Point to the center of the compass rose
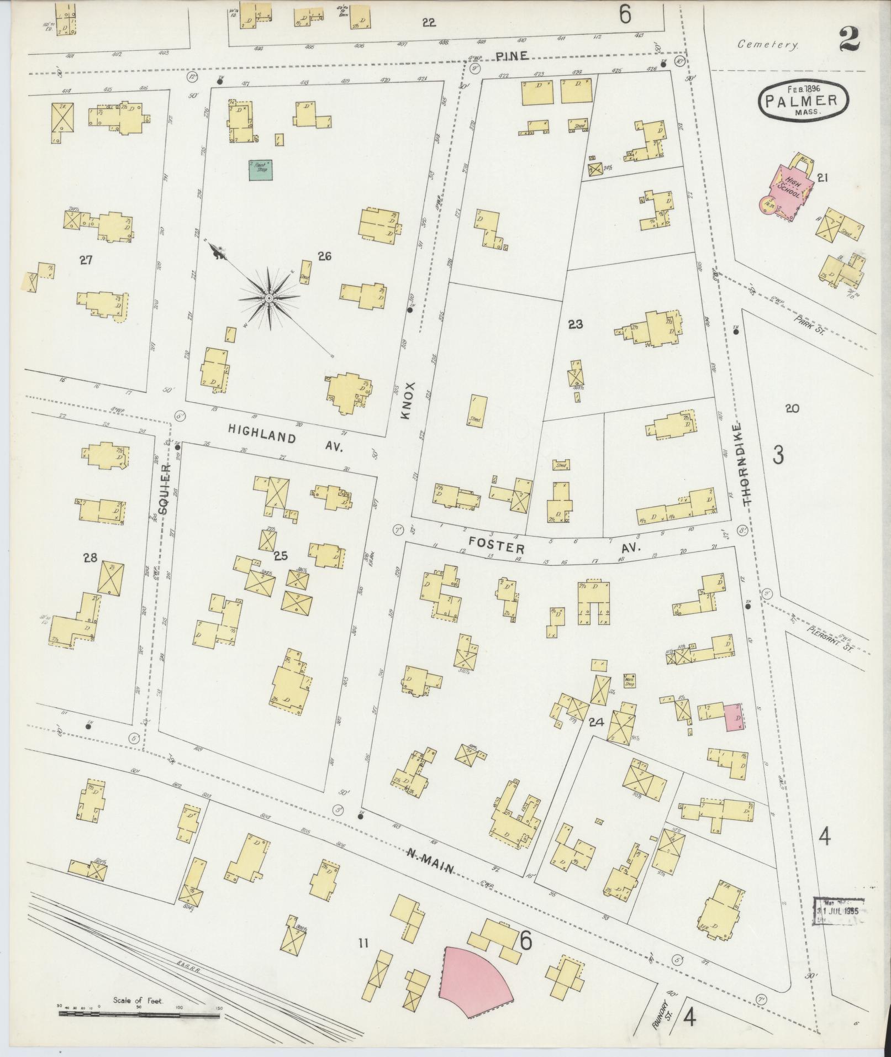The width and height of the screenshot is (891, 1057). point(268,298)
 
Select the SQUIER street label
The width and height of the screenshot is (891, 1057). point(165,486)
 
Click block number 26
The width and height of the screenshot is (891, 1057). point(325,256)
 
